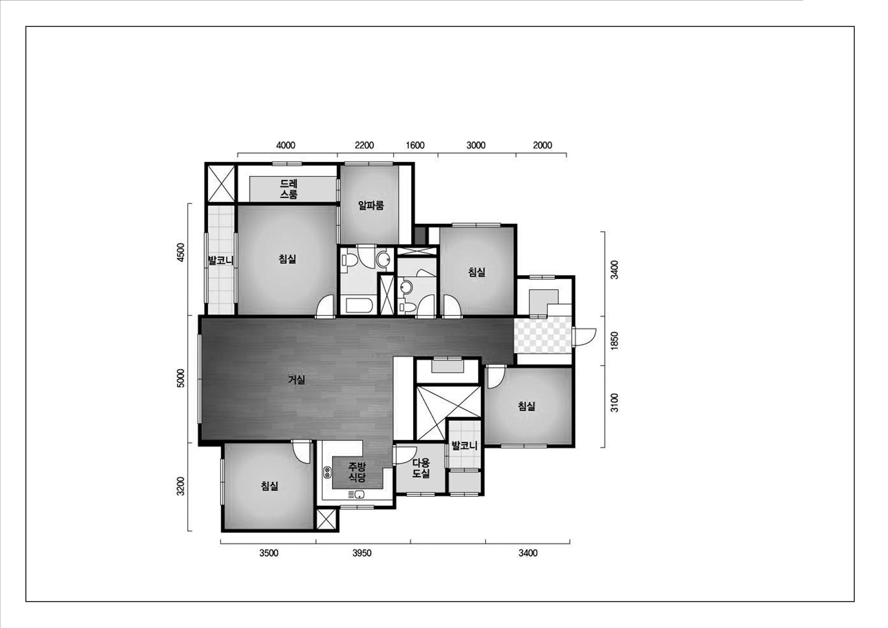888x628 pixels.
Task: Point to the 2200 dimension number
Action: (x=364, y=146)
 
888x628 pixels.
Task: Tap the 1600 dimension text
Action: (x=415, y=146)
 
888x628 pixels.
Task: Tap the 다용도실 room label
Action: (x=421, y=468)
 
